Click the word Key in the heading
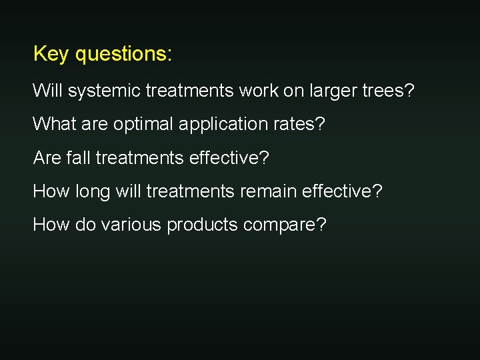[51, 54]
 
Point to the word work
[256, 90]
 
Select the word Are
[46, 158]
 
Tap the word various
[131, 225]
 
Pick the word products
[202, 225]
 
